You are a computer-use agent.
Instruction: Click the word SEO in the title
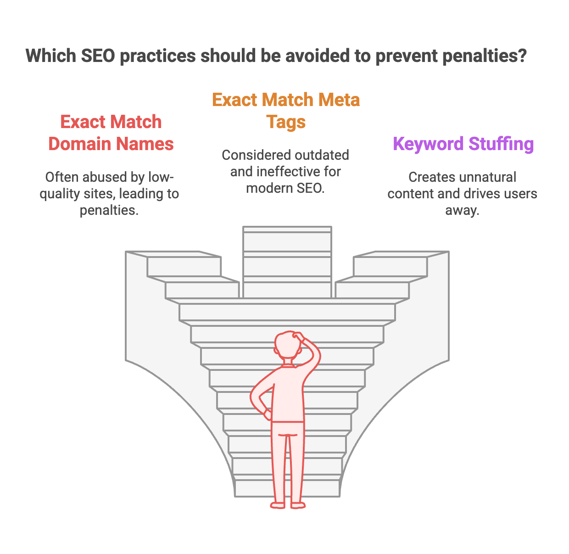(x=98, y=56)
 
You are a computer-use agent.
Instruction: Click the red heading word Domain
(x=79, y=144)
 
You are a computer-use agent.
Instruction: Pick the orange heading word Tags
(x=286, y=122)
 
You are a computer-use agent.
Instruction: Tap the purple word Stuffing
(x=501, y=144)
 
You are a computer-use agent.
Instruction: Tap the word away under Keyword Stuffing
(x=462, y=211)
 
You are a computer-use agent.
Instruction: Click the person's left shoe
(x=278, y=505)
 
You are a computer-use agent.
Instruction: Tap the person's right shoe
(x=298, y=505)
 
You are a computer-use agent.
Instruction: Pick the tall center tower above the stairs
(x=287, y=262)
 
